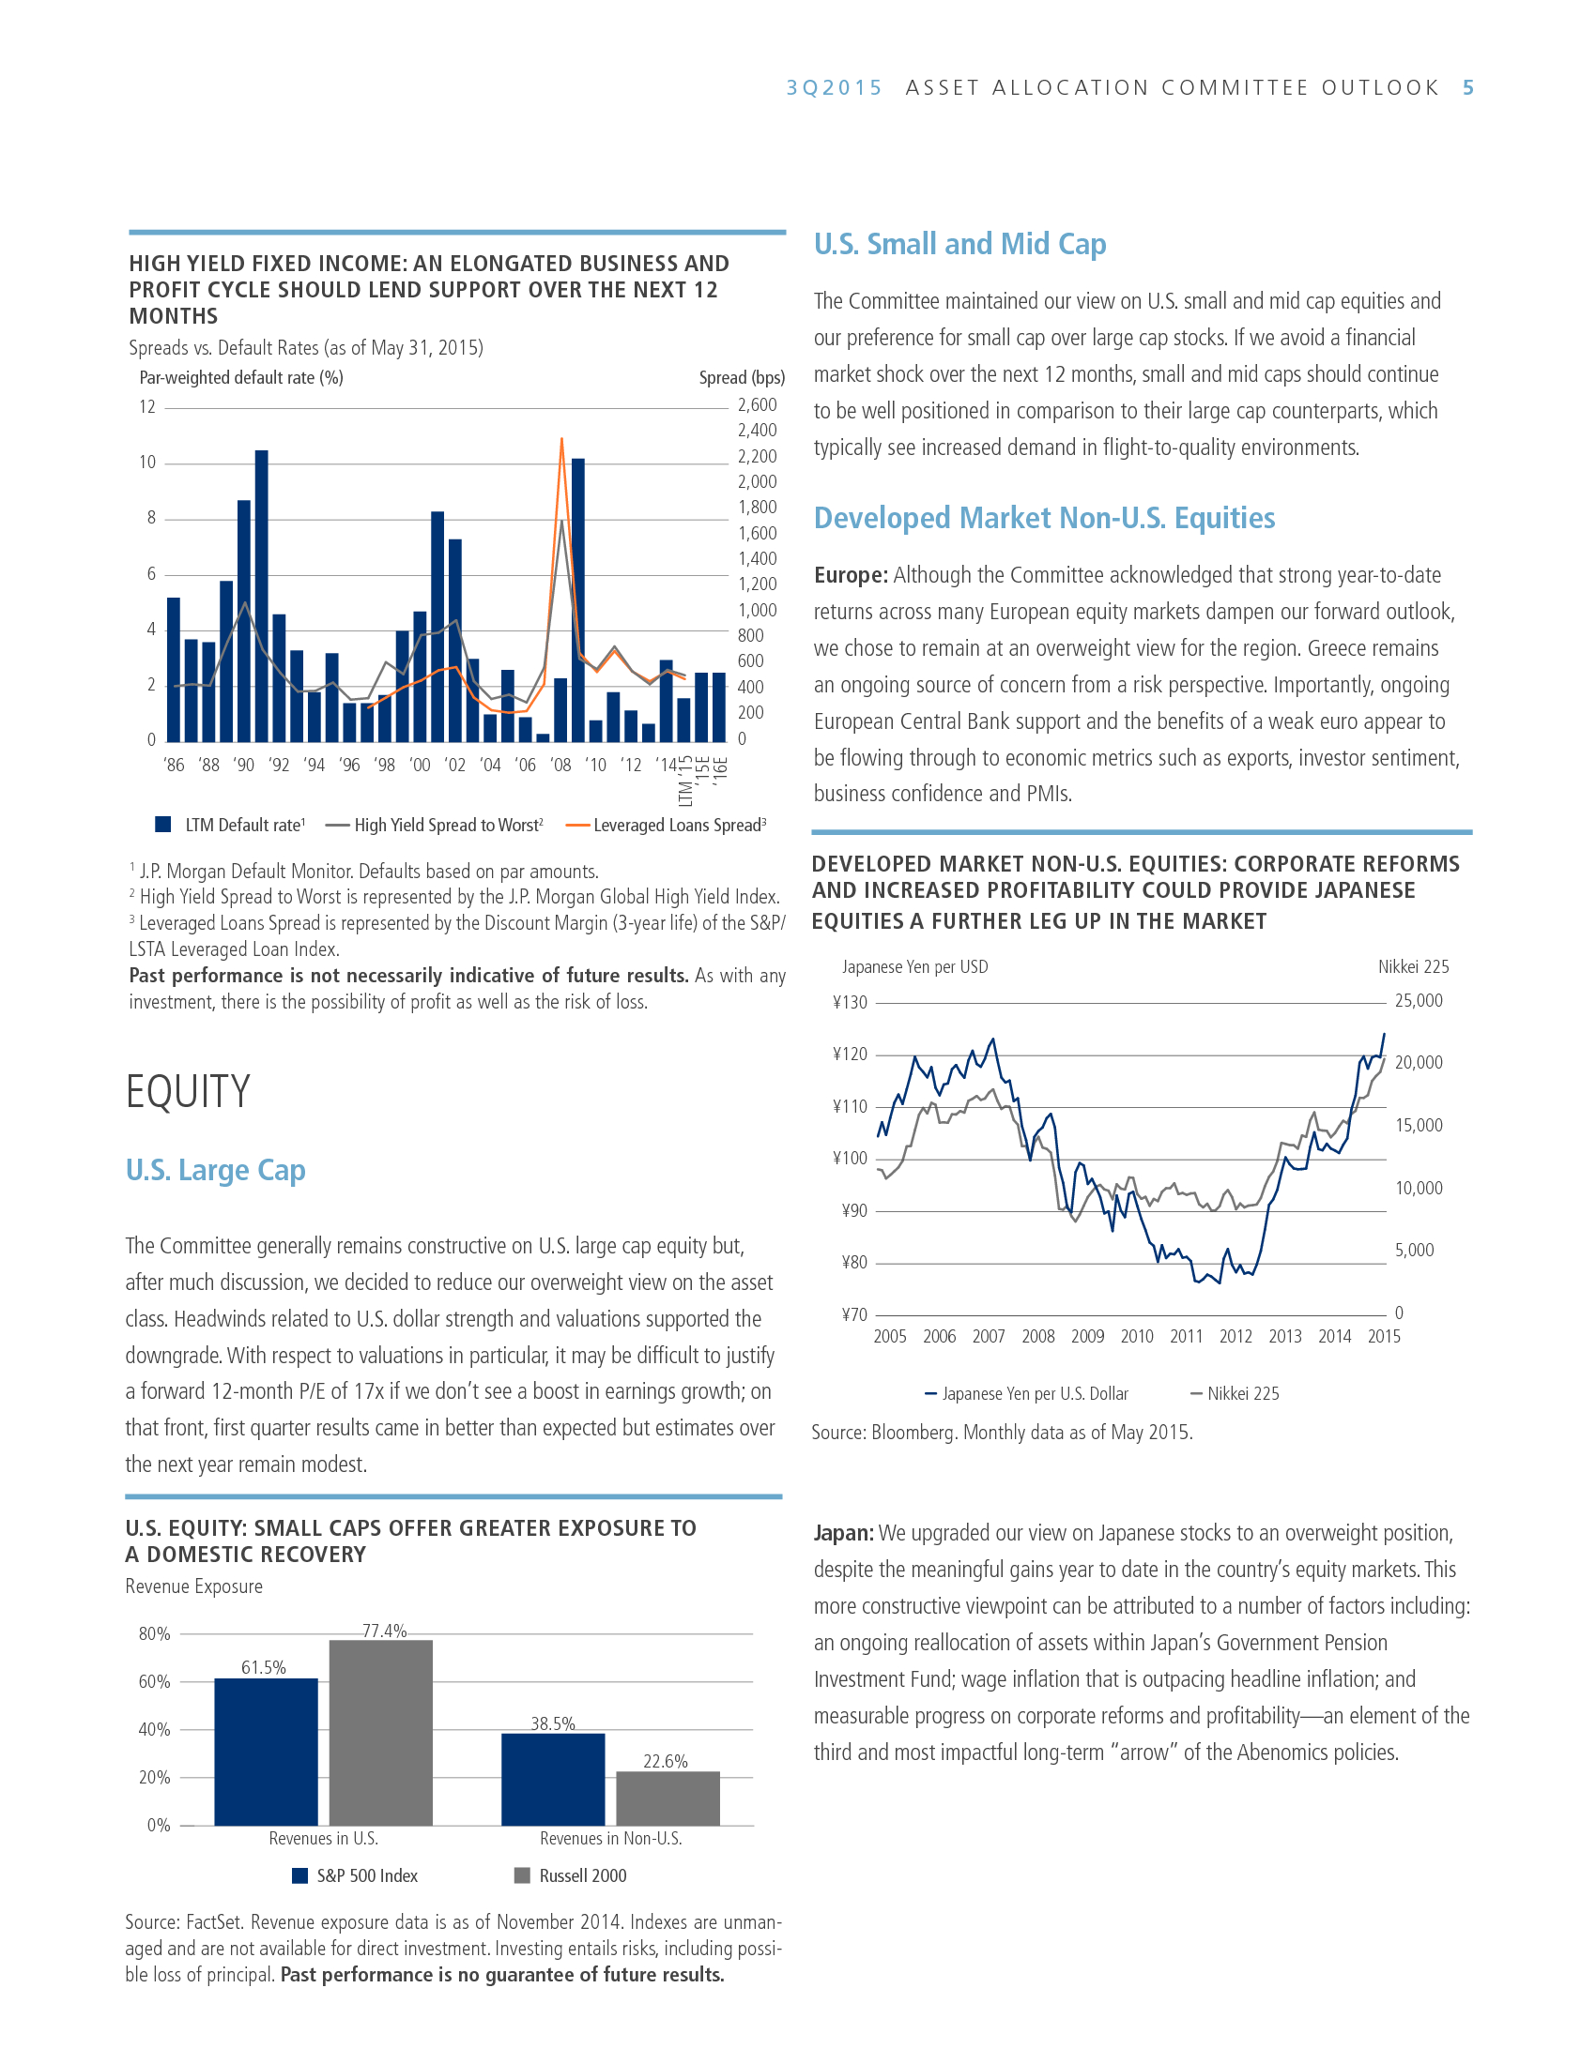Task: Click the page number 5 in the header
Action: (1467, 88)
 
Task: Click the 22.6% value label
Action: (665, 1761)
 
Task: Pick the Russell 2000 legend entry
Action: (570, 1875)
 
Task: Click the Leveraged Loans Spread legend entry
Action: (667, 825)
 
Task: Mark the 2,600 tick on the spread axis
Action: (757, 405)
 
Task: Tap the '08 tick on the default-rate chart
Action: (560, 765)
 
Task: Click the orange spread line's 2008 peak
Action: (561, 438)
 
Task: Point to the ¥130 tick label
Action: (849, 1002)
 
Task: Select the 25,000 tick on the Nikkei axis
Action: (1419, 1001)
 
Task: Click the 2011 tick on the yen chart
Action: (1186, 1336)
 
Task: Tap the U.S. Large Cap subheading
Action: (216, 1170)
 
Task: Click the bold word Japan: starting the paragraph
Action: (843, 1533)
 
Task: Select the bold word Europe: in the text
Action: (850, 575)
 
